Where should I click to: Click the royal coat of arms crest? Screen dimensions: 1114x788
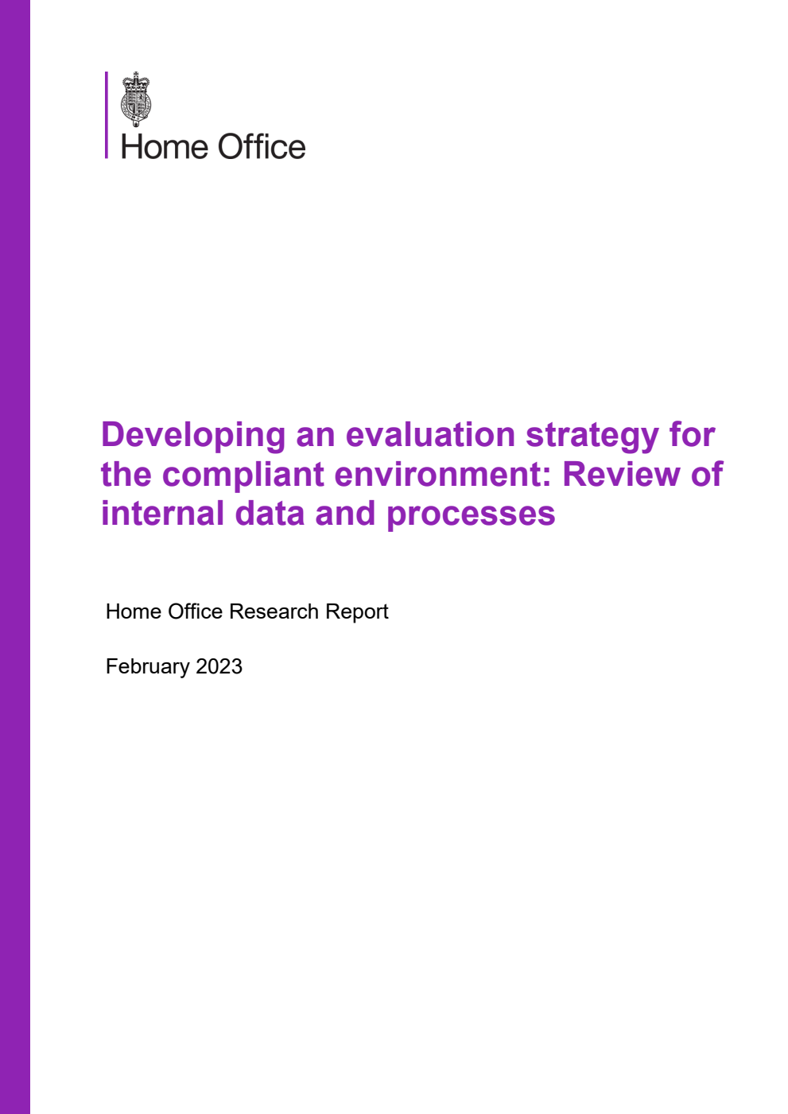[136, 99]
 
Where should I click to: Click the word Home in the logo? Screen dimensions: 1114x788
[163, 148]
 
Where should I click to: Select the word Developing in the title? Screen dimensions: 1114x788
[193, 436]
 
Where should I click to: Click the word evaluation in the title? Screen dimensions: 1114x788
[430, 436]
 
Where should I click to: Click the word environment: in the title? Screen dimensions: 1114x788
[443, 475]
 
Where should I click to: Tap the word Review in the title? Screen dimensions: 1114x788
[621, 475]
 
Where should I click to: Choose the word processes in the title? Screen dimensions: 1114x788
[471, 515]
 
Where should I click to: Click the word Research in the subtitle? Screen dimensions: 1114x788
[274, 611]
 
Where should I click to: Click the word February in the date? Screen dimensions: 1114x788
[147, 666]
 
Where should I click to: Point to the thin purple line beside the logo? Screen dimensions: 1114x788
[107, 115]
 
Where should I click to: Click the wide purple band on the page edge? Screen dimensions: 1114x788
[15, 557]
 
